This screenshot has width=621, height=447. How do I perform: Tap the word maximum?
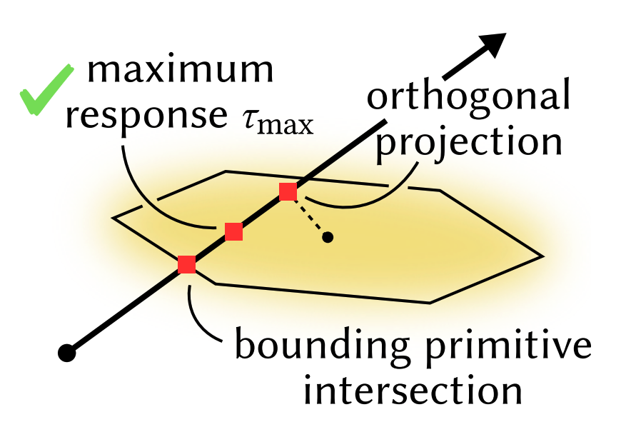pos(180,70)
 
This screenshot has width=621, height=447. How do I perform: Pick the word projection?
pos(468,144)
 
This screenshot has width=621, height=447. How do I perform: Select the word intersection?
pos(413,391)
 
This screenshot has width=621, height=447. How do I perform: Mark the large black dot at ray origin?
pos(67,353)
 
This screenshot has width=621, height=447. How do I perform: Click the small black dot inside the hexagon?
pos(328,237)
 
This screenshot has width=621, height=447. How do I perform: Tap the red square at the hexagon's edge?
pos(186,265)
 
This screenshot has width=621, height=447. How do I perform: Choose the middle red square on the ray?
pos(233,232)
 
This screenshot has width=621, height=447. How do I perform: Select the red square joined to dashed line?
pos(288,192)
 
